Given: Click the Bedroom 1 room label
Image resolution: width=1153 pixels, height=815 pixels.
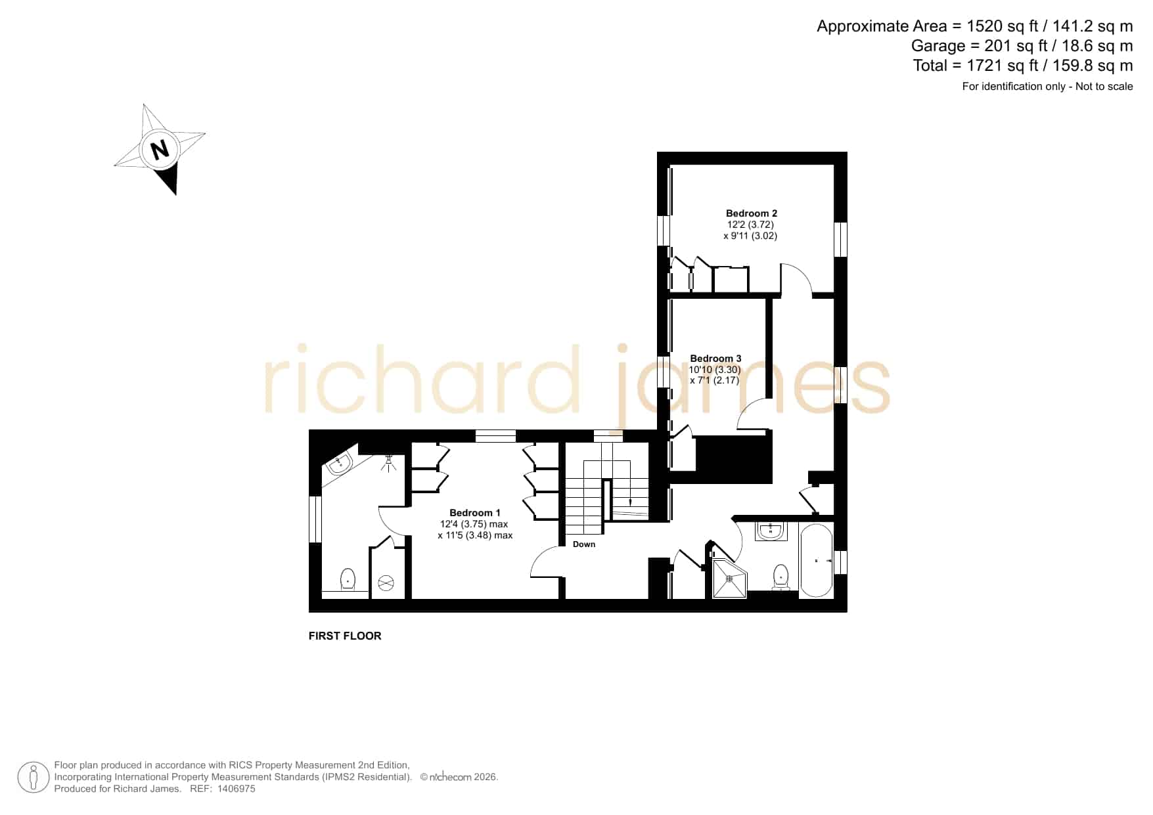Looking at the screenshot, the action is (474, 513).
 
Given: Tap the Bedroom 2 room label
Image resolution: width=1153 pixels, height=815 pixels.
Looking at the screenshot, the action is (751, 213).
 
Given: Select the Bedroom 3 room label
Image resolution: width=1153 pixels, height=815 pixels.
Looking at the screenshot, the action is (715, 359).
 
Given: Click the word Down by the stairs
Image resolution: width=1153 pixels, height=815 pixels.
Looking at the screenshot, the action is (584, 544).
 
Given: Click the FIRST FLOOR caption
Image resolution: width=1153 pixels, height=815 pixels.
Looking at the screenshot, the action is (345, 636).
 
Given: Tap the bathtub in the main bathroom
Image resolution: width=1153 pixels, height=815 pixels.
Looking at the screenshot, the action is (816, 560).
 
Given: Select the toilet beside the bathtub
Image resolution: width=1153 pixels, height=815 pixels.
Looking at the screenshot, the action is (780, 577).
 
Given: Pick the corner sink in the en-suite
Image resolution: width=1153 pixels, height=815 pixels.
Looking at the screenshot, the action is (340, 463).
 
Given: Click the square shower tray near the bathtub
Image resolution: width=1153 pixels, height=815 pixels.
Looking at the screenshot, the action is (730, 579).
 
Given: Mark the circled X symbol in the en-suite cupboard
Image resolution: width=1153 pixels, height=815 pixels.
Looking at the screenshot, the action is (386, 583).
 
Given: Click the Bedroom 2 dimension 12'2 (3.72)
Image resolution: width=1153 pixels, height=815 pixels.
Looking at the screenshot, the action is (750, 225).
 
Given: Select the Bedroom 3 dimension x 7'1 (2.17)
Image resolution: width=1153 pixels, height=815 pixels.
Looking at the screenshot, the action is (715, 380).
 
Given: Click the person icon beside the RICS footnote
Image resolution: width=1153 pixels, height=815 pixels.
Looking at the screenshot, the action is (33, 778).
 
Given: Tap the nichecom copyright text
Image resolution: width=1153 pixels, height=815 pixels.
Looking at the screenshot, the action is (459, 778).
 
